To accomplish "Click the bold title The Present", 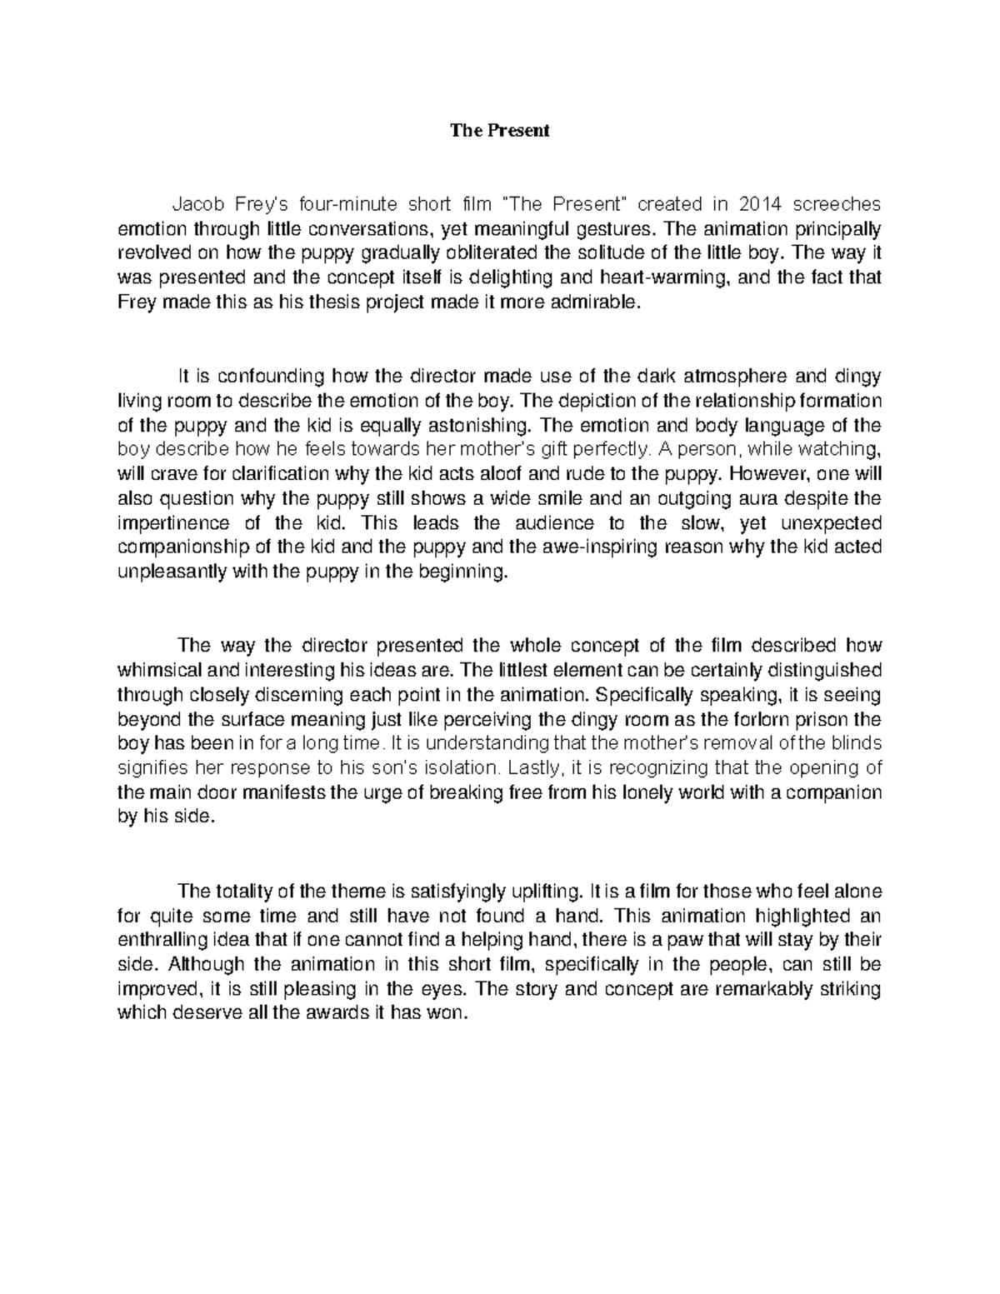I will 500,131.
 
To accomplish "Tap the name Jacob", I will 195,204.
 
